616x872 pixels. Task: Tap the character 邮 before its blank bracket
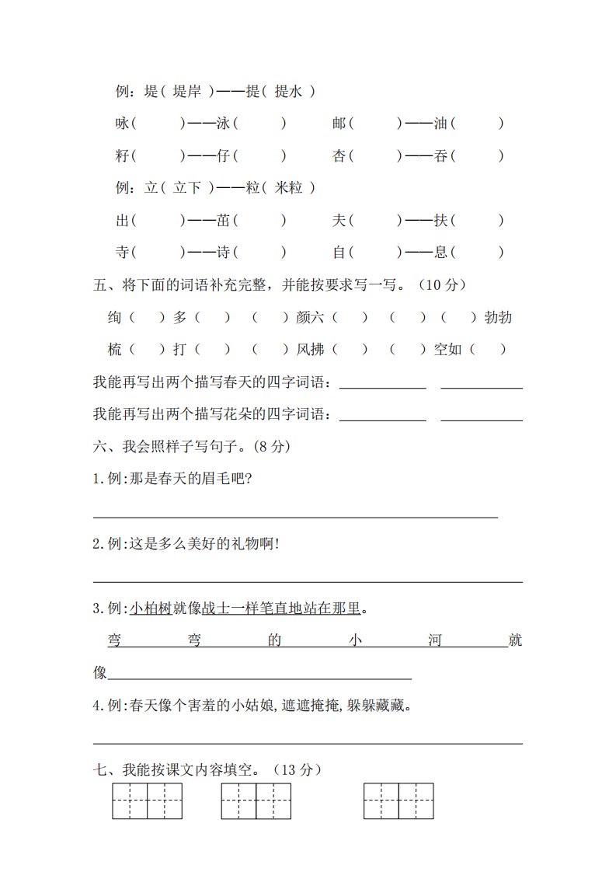pos(339,123)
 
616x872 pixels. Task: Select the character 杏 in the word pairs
pos(339,156)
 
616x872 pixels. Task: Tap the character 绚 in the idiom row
pos(115,317)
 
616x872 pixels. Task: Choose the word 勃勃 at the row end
pos(497,317)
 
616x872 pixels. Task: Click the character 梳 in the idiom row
pos(115,350)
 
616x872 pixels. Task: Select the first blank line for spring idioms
pos(383,385)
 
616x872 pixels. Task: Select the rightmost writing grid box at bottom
pos(398,800)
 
